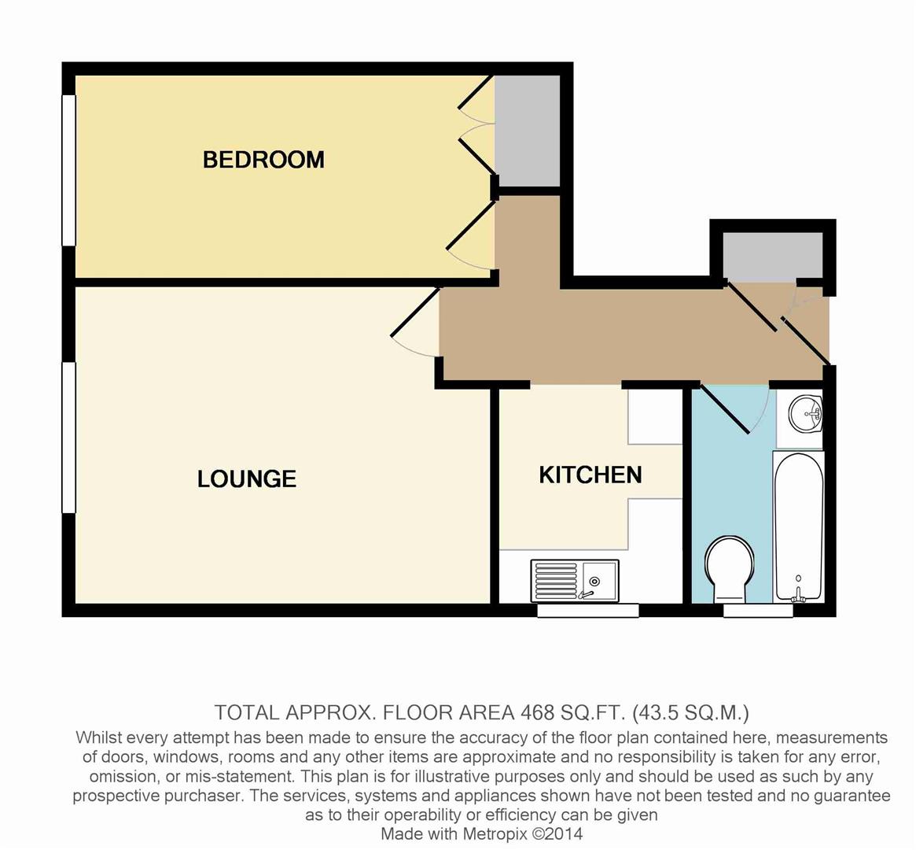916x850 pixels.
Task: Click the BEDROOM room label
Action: [263, 160]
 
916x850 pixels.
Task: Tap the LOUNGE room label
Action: [246, 479]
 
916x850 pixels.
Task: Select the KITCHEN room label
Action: [590, 475]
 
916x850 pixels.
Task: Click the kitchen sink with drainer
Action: [575, 580]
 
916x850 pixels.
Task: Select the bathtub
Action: [798, 526]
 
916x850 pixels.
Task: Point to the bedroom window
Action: [69, 170]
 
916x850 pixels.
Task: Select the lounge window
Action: [69, 438]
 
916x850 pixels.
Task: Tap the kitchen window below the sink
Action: [587, 610]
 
